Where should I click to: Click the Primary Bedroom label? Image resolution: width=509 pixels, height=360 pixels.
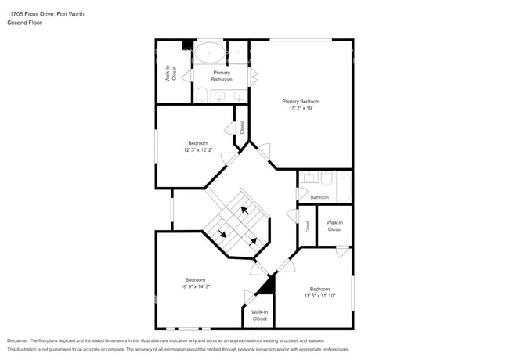pyautogui.click(x=301, y=102)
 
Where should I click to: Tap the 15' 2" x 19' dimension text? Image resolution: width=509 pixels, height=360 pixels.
pyautogui.click(x=301, y=108)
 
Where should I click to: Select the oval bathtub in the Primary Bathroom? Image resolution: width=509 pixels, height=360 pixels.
pyautogui.click(x=210, y=52)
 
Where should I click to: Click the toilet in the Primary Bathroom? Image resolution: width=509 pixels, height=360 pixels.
pyautogui.click(x=201, y=95)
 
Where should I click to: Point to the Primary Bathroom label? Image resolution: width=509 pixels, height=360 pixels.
pyautogui.click(x=222, y=76)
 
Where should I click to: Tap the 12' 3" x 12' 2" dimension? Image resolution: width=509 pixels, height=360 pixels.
pyautogui.click(x=198, y=150)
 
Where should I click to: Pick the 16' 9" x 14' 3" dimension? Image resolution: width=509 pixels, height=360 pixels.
pyautogui.click(x=196, y=286)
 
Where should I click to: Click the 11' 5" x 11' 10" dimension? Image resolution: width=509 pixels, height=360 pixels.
pyautogui.click(x=320, y=296)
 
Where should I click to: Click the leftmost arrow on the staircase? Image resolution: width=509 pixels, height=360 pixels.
pyautogui.click(x=222, y=233)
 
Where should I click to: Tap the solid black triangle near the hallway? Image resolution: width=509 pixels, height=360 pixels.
pyautogui.click(x=268, y=286)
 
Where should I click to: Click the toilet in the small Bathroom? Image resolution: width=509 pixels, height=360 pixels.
pyautogui.click(x=327, y=178)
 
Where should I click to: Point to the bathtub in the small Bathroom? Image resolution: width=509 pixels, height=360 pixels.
pyautogui.click(x=344, y=186)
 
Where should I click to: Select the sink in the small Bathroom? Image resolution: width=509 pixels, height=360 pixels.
pyautogui.click(x=309, y=178)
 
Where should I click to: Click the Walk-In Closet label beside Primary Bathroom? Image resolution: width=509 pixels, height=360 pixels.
pyautogui.click(x=171, y=74)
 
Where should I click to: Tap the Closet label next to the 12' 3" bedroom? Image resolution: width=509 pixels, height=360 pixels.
pyautogui.click(x=242, y=127)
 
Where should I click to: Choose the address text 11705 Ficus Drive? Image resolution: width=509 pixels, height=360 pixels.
pyautogui.click(x=31, y=14)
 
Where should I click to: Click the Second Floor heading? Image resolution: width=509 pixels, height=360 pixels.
pyautogui.click(x=24, y=23)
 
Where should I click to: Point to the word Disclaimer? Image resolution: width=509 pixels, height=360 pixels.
pyautogui.click(x=17, y=341)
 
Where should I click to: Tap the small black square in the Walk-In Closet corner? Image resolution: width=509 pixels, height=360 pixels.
pyautogui.click(x=187, y=45)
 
